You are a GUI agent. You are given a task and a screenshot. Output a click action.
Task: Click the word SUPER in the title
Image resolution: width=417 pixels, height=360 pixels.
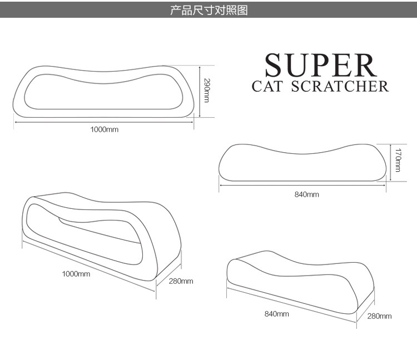click(320, 66)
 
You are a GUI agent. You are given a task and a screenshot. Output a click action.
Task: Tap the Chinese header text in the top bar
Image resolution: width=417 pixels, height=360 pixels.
click(209, 11)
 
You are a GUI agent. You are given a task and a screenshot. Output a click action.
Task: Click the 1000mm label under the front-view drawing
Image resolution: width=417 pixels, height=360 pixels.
click(105, 129)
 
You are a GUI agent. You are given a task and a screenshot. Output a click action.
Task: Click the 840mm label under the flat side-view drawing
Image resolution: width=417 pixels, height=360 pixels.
click(306, 194)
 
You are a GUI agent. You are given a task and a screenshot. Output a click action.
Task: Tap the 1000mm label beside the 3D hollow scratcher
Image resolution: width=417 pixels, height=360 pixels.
click(76, 274)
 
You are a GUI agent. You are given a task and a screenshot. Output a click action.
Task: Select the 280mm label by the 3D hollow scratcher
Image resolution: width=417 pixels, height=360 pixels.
click(181, 281)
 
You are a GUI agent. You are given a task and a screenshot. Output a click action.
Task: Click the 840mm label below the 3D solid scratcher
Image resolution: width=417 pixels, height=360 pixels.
click(276, 314)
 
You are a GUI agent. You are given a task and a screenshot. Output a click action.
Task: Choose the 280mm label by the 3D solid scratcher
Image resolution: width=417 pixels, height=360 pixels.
click(379, 316)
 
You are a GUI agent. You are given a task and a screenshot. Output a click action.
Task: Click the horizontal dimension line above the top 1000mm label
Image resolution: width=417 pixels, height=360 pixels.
click(104, 122)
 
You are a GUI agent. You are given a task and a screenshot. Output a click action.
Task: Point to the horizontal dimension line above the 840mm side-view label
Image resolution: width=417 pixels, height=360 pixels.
click(302, 187)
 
